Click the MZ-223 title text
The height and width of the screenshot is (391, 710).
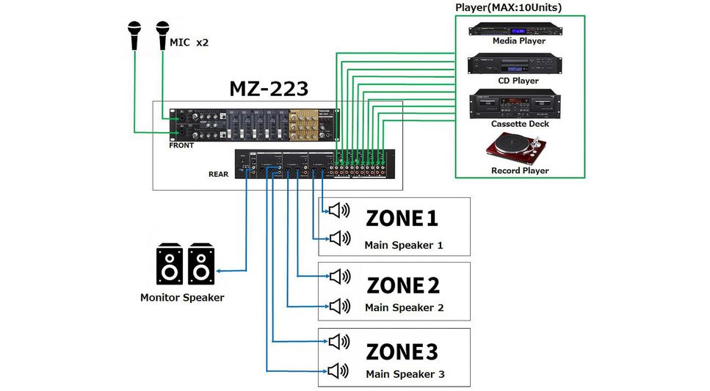click(x=269, y=89)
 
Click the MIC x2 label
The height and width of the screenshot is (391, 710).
click(x=189, y=43)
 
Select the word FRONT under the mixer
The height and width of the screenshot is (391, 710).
click(x=181, y=145)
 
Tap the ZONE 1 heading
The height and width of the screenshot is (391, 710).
click(x=402, y=218)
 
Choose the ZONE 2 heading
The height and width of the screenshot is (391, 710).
click(x=403, y=285)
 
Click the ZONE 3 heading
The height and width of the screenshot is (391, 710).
click(x=402, y=352)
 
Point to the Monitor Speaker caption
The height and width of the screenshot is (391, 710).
click(x=182, y=298)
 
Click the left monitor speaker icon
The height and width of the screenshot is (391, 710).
click(x=170, y=265)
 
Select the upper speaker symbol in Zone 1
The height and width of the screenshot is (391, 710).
click(x=339, y=211)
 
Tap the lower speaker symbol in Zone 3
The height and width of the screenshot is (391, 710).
click(x=339, y=370)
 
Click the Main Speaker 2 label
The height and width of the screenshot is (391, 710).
click(x=404, y=308)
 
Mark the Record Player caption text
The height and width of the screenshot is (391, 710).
click(x=520, y=171)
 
